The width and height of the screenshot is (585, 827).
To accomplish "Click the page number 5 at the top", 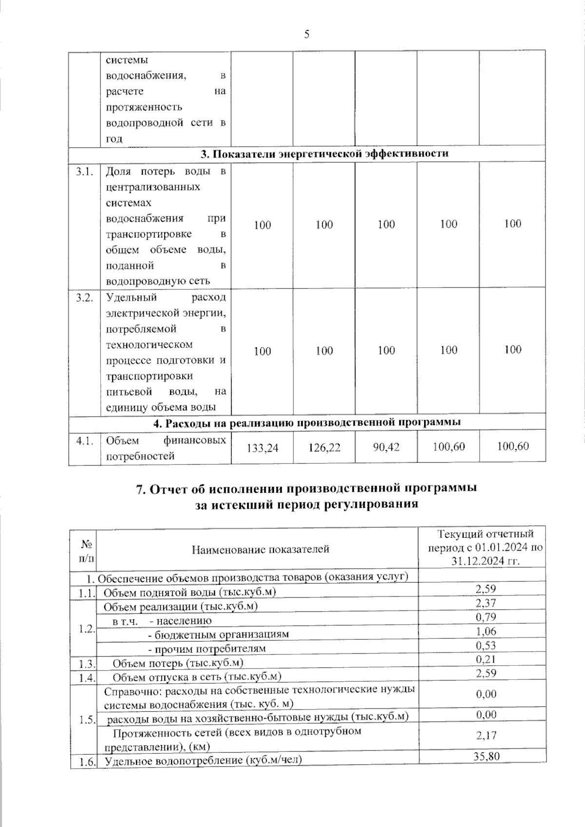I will coord(307,34).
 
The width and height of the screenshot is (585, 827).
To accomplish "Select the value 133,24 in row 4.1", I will coord(262,447).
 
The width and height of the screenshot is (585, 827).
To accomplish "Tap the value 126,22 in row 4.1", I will coord(324,447).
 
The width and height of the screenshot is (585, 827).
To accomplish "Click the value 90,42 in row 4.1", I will coord(386,446).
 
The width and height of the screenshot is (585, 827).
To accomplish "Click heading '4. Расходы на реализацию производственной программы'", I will coord(307,423).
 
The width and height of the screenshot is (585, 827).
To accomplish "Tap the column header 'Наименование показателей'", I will coord(260,549).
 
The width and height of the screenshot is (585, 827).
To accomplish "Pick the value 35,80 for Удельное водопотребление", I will coord(486,756).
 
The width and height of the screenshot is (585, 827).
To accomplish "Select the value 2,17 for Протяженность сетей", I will coord(486,735).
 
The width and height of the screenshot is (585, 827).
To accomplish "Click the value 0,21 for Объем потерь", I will coord(486,659).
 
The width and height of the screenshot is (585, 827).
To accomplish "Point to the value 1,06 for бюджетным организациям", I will coord(486,631).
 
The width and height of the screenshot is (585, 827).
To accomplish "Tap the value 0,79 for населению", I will coord(486,617).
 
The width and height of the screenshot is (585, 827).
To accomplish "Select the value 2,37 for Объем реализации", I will coord(486,603).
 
